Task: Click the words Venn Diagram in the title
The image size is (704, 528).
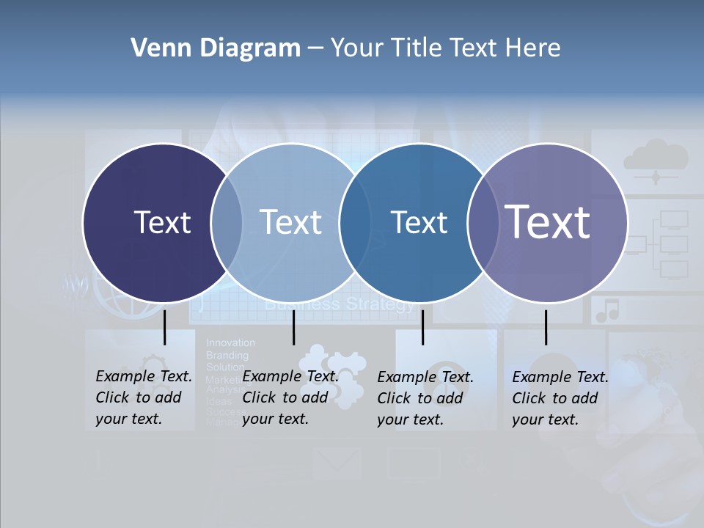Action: (216, 48)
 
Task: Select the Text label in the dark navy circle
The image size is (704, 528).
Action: (162, 222)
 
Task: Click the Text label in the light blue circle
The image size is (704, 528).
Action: (290, 222)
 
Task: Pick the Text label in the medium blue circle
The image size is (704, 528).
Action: (419, 222)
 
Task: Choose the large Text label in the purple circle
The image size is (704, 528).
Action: (548, 221)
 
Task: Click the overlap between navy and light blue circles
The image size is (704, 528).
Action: (227, 222)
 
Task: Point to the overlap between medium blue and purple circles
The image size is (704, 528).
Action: (483, 222)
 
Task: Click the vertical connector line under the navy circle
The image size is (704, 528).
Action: (164, 327)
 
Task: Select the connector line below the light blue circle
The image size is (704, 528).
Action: (293, 327)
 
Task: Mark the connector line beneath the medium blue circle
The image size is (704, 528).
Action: (422, 327)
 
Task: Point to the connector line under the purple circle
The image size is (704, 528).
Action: (546, 327)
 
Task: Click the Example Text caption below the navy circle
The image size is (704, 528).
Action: (144, 397)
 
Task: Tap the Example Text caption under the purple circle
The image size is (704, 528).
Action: (560, 398)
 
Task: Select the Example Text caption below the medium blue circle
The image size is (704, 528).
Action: (425, 398)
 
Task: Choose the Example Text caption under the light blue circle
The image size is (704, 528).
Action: (290, 397)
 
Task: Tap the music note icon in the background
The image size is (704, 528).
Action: (607, 311)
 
